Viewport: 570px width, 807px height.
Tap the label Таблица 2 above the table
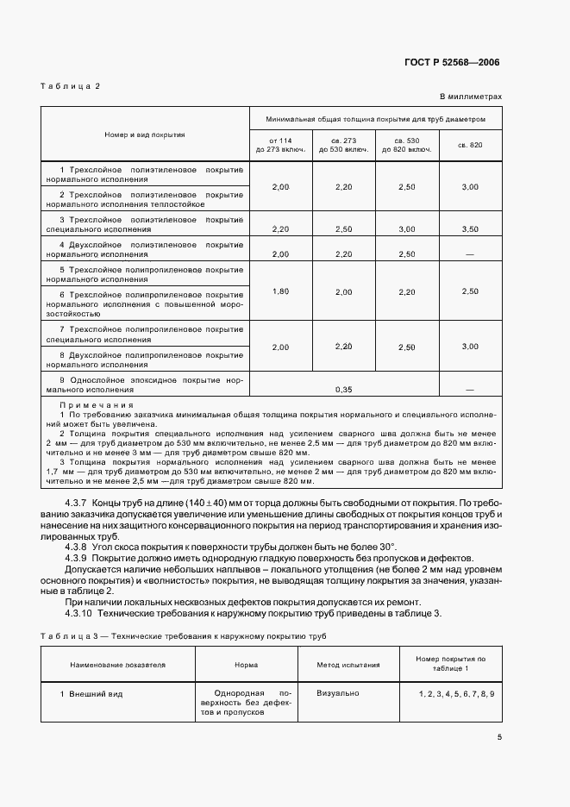tap(71, 86)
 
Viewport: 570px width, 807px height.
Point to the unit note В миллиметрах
tap(470, 97)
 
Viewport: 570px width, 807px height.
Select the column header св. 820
tap(470, 145)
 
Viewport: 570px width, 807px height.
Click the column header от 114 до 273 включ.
tap(279, 145)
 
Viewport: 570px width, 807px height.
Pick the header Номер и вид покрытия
tap(145, 134)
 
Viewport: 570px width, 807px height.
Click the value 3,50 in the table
tap(470, 229)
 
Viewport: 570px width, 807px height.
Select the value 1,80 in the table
tap(279, 291)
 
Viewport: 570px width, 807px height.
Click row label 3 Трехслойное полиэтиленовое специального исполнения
tap(145, 224)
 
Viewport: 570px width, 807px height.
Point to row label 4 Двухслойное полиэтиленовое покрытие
tap(145, 249)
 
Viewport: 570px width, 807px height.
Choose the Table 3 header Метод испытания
tap(348, 665)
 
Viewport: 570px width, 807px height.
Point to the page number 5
tap(498, 736)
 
